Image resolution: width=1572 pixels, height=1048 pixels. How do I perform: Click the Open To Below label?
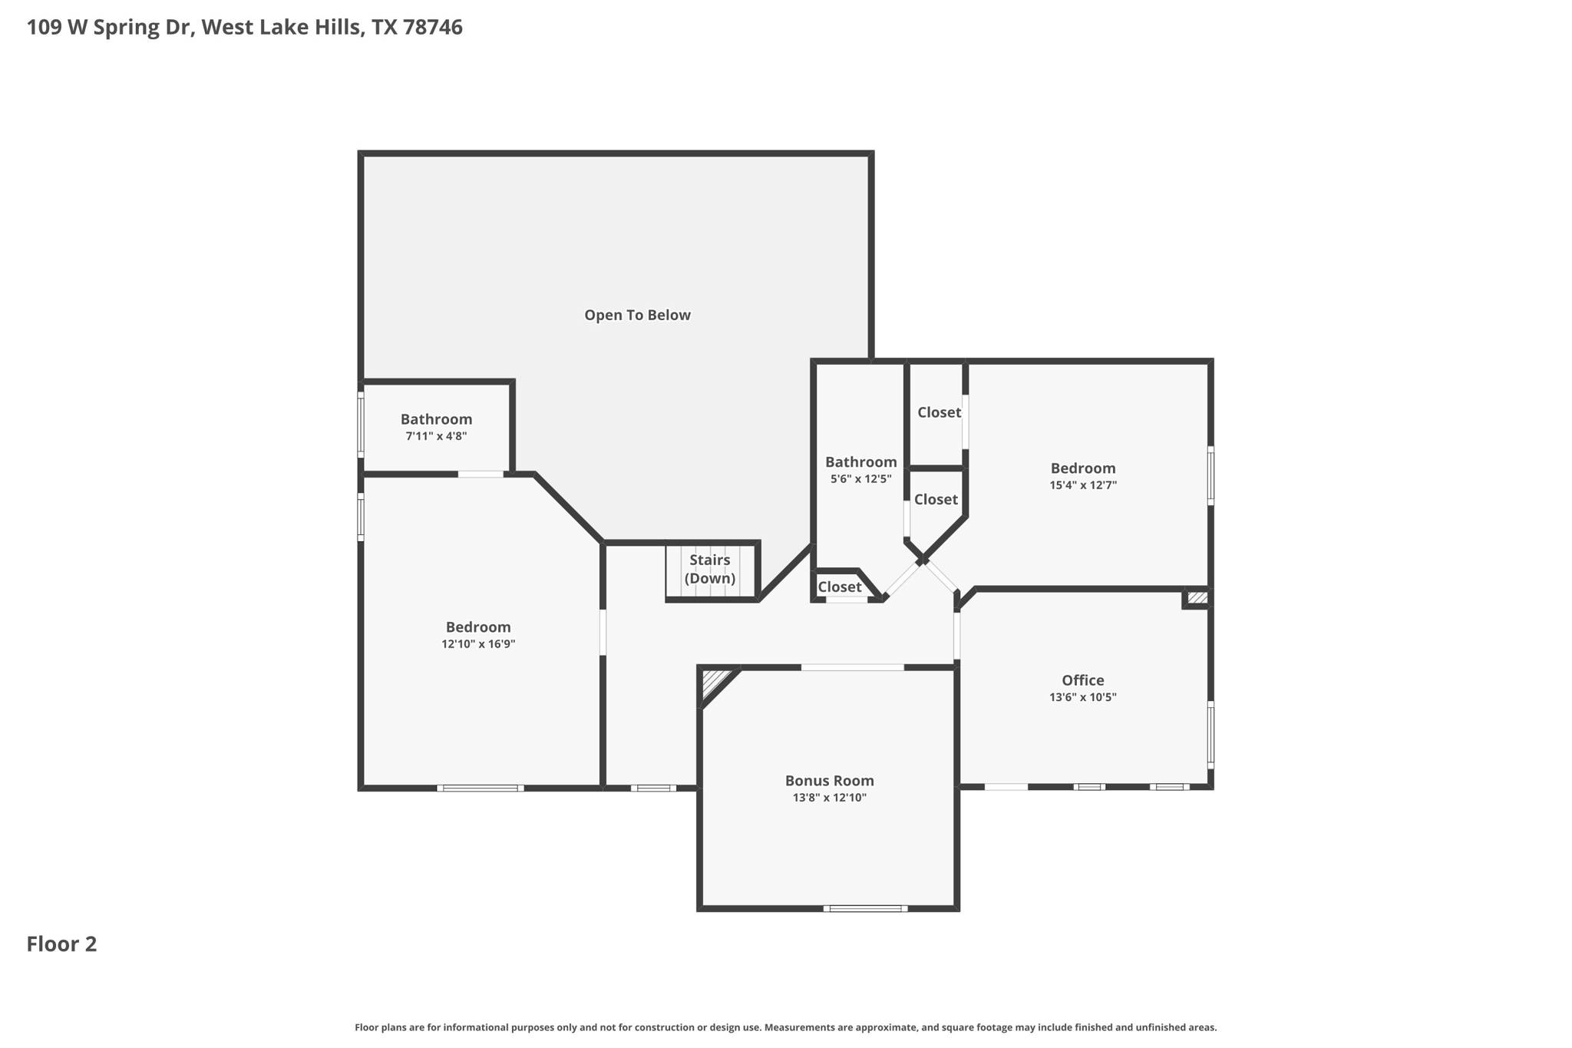click(x=637, y=315)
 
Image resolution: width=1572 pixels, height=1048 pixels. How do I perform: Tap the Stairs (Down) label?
click(x=709, y=569)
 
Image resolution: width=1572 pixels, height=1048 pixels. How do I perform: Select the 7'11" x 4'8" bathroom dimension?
click(x=436, y=436)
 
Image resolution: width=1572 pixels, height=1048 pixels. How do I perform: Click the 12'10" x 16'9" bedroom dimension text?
click(x=477, y=644)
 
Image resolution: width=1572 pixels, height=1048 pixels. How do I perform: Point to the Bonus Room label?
click(x=829, y=780)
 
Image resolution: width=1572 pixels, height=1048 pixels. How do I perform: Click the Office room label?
click(x=1082, y=679)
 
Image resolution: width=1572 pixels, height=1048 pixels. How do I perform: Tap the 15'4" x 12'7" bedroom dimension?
click(x=1082, y=485)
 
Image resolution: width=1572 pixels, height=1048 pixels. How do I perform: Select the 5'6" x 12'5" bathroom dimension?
click(x=860, y=479)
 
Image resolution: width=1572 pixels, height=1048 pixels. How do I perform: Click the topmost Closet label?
click(x=939, y=412)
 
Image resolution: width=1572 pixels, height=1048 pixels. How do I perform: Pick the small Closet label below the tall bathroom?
click(x=839, y=587)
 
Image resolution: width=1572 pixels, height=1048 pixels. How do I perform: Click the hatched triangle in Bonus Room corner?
click(x=713, y=681)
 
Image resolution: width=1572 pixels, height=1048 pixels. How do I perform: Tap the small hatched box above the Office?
click(x=1197, y=597)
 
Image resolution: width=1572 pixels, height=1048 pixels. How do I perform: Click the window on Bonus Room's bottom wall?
click(x=865, y=908)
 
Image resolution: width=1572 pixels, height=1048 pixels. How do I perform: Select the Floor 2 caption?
click(x=61, y=944)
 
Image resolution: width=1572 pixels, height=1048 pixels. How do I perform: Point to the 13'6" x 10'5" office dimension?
click(x=1082, y=697)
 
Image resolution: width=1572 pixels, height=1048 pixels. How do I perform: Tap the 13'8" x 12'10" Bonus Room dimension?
click(x=829, y=798)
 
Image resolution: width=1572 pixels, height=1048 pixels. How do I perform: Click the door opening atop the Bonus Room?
click(x=852, y=667)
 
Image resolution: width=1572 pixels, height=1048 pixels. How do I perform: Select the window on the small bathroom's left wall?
click(x=361, y=425)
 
